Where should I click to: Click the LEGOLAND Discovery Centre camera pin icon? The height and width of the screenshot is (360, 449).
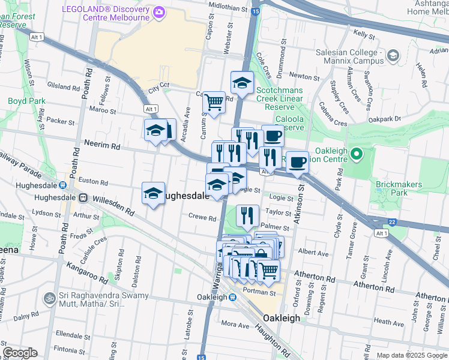pyautogui.click(x=158, y=11)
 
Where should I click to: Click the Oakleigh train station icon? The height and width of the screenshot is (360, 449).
pyautogui.click(x=232, y=297)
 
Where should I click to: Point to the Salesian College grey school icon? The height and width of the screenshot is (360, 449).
pyautogui.click(x=393, y=56)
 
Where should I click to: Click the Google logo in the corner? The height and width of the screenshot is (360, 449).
pyautogui.click(x=20, y=353)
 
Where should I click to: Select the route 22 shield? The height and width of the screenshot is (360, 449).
pyautogui.click(x=392, y=222)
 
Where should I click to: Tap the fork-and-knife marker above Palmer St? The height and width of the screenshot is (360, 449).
pyautogui.click(x=247, y=215)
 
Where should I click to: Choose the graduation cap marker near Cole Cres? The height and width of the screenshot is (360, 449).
pyautogui.click(x=242, y=83)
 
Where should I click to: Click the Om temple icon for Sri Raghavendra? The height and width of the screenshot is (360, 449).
pyautogui.click(x=49, y=298)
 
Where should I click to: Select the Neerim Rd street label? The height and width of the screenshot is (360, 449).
pyautogui.click(x=103, y=146)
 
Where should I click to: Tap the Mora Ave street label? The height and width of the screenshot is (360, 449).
pyautogui.click(x=235, y=325)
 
